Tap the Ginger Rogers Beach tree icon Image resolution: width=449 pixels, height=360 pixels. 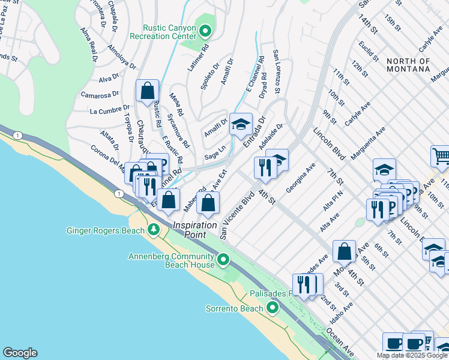click(154, 230)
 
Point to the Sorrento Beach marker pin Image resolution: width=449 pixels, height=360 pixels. click(273, 308)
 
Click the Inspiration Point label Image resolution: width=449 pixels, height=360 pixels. click(195, 225)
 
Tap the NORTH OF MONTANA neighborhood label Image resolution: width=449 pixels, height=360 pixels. click(408, 65)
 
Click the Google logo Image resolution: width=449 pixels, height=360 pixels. click(20, 353)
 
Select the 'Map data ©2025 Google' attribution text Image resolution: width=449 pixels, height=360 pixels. click(412, 355)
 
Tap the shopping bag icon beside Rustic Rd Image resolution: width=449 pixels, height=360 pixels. click(147, 92)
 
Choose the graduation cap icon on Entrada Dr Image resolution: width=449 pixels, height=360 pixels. click(241, 125)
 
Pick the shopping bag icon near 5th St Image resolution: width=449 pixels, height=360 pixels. click(345, 252)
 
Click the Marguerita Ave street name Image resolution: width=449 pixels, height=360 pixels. click(368, 144)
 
